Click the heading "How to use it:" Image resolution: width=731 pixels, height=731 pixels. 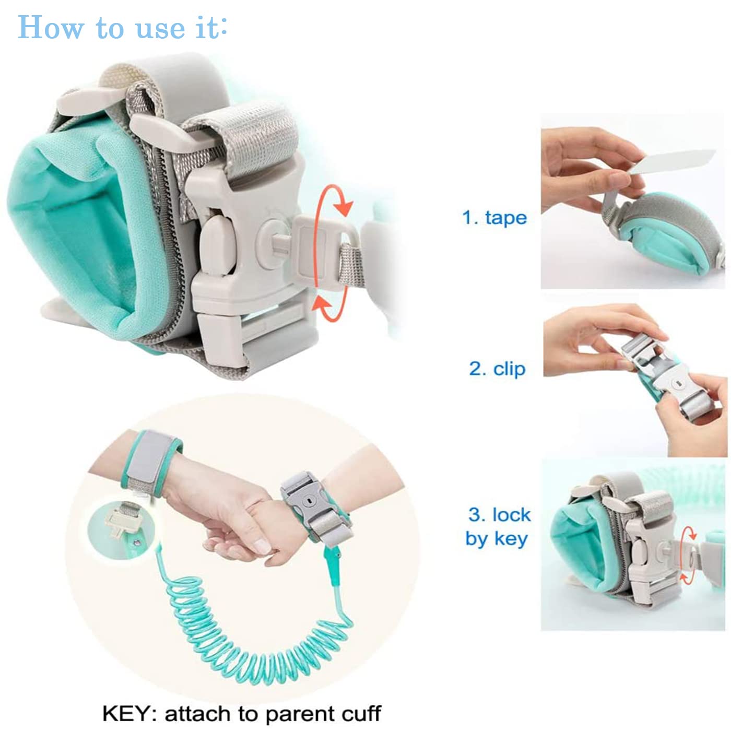click(x=122, y=27)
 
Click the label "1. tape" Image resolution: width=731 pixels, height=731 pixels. click(x=494, y=218)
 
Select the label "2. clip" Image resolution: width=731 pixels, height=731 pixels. click(x=497, y=369)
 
